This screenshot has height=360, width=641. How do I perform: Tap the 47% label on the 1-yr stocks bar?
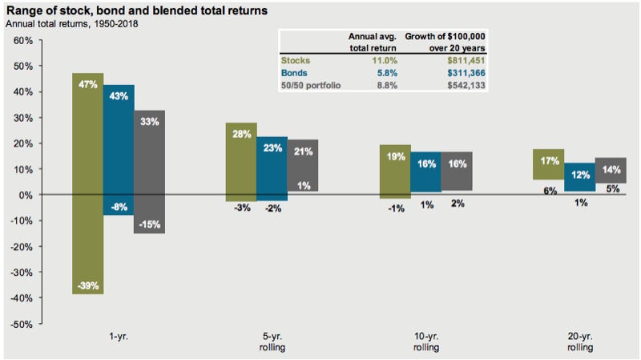(x=87, y=84)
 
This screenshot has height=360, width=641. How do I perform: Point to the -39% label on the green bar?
(x=87, y=285)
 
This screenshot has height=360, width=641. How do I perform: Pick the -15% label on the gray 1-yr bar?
(x=149, y=224)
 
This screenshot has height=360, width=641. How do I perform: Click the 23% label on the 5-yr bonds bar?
(x=272, y=148)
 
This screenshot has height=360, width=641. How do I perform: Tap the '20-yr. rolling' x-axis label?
(x=579, y=342)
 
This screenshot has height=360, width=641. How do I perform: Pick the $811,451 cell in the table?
(x=463, y=59)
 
